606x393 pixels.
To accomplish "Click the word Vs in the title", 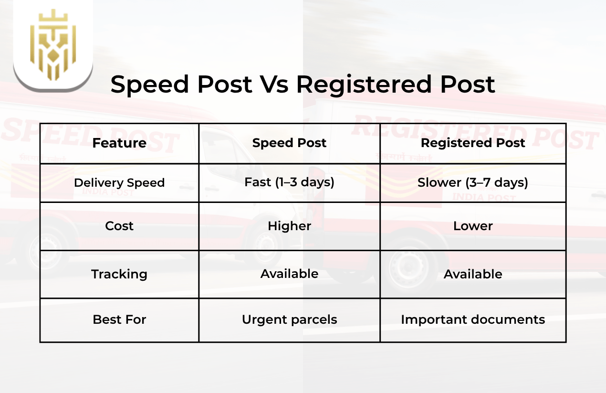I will (x=274, y=85).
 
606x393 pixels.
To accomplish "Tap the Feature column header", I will (x=119, y=143).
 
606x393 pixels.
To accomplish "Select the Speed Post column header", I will (x=289, y=143).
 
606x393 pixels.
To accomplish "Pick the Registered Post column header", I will (x=473, y=143).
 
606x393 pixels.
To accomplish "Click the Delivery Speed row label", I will (x=119, y=183).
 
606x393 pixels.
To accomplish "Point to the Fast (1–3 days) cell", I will (x=289, y=182).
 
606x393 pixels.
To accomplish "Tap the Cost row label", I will (x=119, y=226).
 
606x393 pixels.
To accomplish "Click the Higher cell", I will (x=289, y=226).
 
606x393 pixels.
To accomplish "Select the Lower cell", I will (x=473, y=226).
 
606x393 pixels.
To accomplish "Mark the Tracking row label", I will (x=119, y=274).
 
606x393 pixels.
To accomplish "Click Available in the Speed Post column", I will (x=289, y=274).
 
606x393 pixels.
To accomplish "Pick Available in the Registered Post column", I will (x=473, y=274).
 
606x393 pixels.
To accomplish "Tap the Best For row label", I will (x=119, y=319).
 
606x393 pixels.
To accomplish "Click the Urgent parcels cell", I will (x=289, y=319).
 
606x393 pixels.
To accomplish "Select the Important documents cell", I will (x=473, y=319).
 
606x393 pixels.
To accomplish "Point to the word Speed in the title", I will (x=147, y=85).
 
